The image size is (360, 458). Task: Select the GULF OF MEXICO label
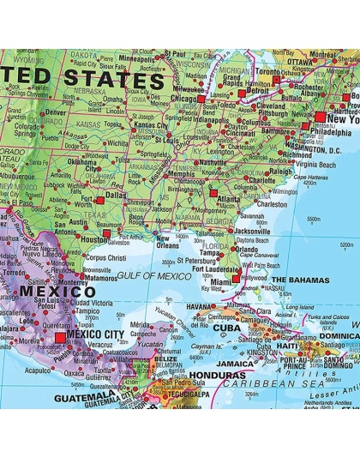pyautogui.click(x=149, y=274)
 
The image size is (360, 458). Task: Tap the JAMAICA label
pyautogui.click(x=234, y=364)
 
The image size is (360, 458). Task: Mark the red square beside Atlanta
pyautogui.click(x=214, y=192)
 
